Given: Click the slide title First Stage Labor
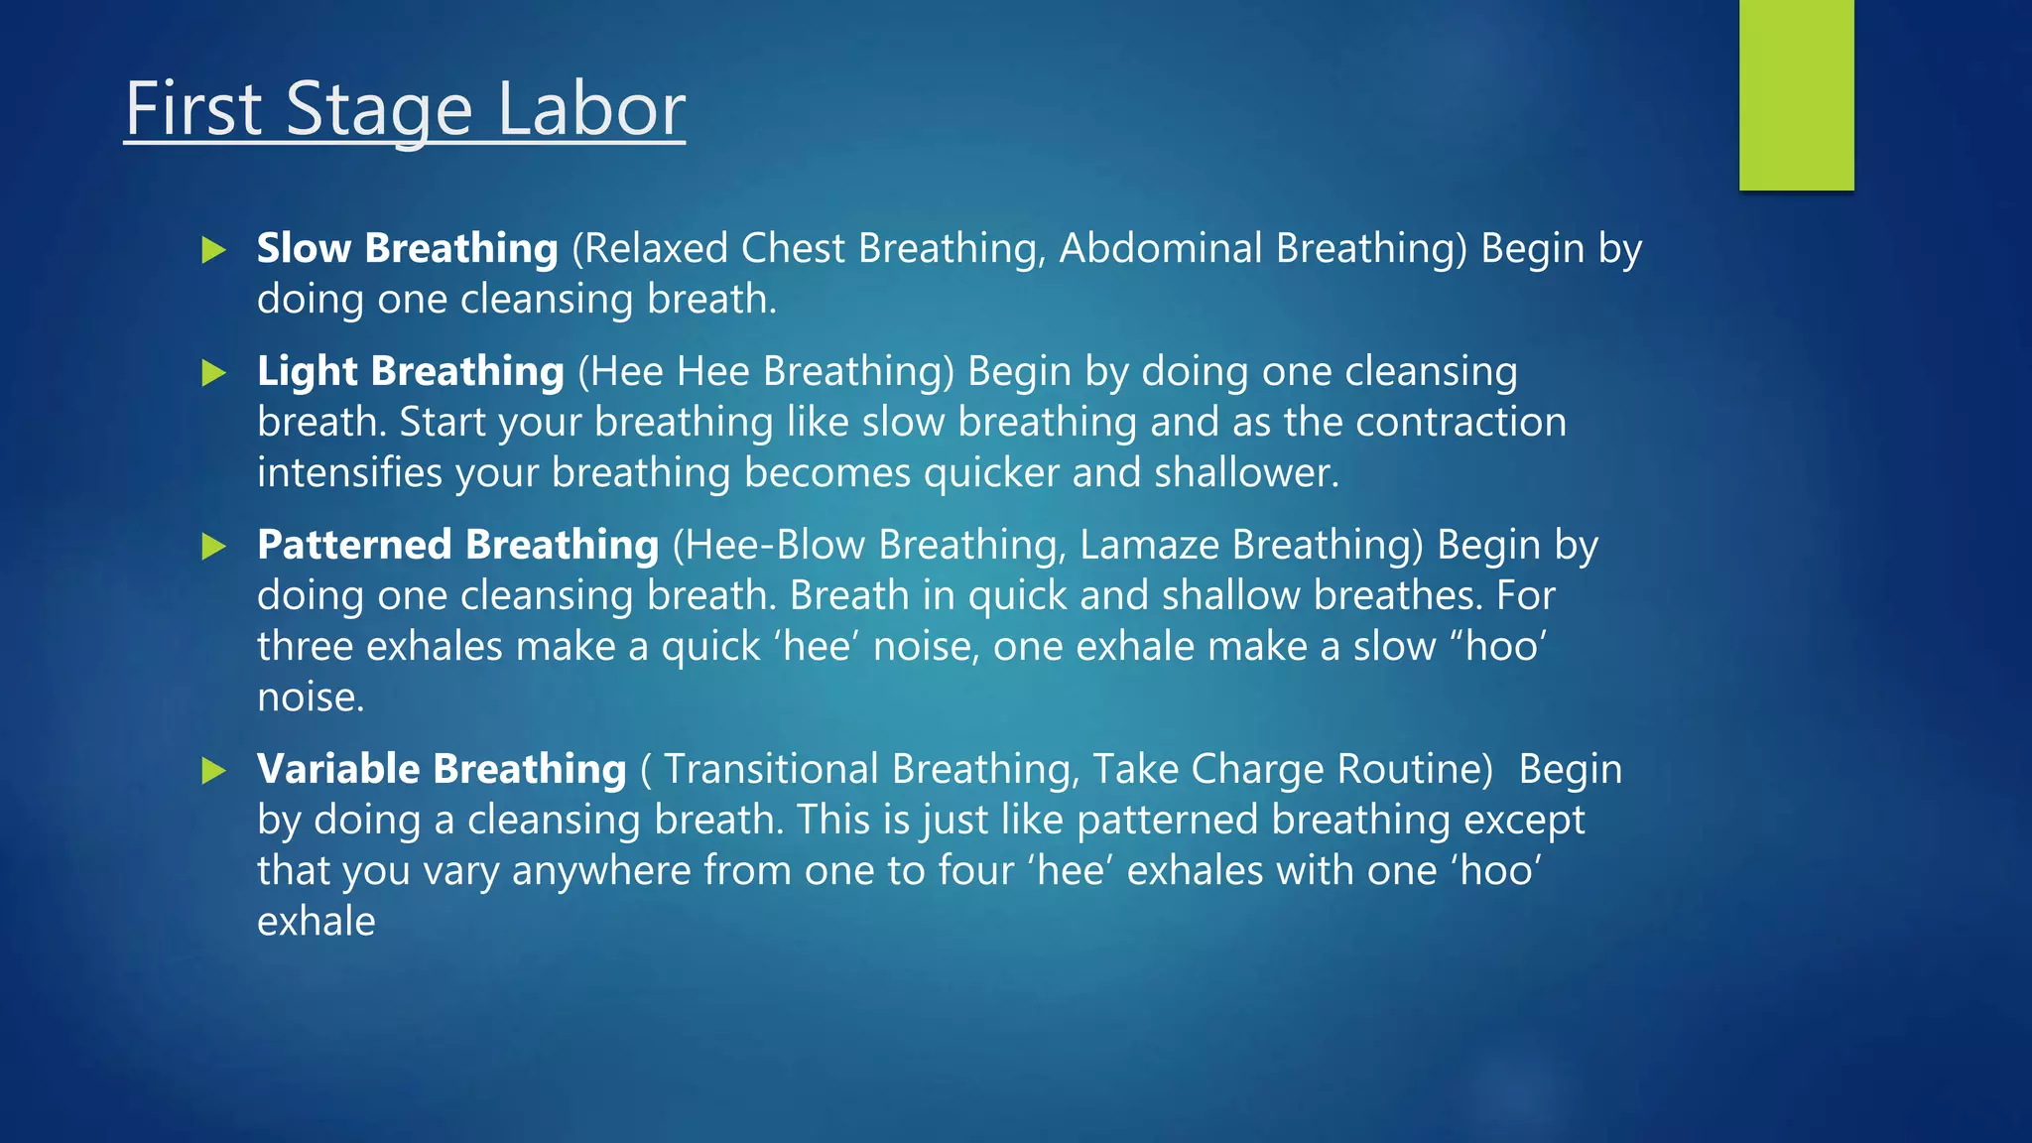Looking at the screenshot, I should [405, 109].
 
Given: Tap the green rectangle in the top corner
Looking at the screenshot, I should [1796, 94].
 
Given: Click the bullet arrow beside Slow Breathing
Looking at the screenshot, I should [213, 250].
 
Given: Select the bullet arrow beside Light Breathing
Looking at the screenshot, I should [213, 373].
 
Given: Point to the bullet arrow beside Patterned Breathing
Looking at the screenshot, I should [213, 547].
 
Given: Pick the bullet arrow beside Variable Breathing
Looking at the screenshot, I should [213, 771].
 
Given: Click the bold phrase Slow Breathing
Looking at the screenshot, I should [407, 248].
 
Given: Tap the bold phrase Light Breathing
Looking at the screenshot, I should [410, 372].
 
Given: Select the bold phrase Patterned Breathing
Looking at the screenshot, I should [457, 545].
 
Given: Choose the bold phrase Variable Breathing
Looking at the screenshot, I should [442, 769].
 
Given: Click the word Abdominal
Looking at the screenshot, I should [1160, 248].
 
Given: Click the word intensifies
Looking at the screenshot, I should [349, 473].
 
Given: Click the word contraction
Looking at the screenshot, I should [1460, 423].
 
